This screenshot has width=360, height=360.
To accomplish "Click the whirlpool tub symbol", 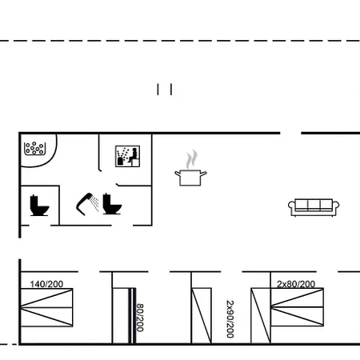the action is tap(34, 149).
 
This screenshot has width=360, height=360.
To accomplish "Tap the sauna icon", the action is tap(127, 156).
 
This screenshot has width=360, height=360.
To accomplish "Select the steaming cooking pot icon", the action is tap(190, 168).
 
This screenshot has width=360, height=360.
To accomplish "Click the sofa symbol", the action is tap(314, 207).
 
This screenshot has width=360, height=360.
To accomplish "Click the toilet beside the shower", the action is tap(112, 204).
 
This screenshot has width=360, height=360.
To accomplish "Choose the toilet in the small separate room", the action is tap(39, 206).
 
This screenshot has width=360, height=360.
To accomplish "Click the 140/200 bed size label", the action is tap(46, 284).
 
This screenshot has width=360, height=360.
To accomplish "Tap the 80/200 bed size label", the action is tap(140, 318).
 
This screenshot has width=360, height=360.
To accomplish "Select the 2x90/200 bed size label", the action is tap(230, 319).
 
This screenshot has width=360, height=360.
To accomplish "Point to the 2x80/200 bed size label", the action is tap(296, 284).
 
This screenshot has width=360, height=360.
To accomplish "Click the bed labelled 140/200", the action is tap(46, 307).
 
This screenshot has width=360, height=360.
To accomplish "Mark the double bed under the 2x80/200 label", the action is tap(297, 307).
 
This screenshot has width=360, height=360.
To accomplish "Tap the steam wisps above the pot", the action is tap(192, 159).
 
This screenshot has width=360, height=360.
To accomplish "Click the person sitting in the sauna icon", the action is tap(134, 156).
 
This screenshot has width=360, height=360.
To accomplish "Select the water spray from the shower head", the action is tap(94, 203).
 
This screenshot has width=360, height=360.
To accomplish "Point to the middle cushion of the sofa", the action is tap(314, 205).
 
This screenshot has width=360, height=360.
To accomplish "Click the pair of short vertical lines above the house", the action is tap(165, 90).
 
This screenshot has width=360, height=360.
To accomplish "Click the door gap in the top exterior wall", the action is tap(290, 133).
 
